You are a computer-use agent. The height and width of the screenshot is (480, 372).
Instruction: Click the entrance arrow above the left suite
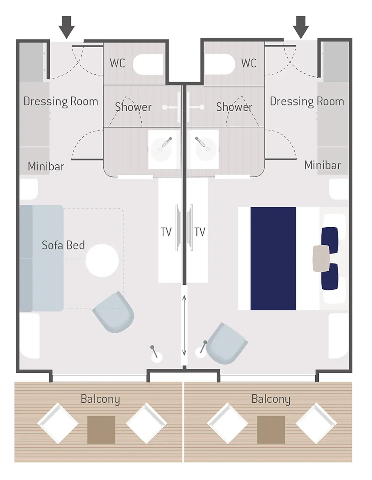66,27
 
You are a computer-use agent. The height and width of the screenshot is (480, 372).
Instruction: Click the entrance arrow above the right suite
301,27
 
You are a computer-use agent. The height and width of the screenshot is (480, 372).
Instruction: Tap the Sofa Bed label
63,245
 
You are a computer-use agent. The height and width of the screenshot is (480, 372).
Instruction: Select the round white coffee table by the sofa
102,260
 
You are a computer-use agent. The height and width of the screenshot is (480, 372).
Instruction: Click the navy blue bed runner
273,258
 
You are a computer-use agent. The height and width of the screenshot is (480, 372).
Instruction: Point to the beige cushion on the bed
321,258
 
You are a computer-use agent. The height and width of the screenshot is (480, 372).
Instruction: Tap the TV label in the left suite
166,232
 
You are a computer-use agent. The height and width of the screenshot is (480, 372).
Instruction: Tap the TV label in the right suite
200,232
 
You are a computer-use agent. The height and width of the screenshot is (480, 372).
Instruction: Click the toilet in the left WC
148,64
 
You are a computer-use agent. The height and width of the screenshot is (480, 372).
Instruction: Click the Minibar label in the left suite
46,166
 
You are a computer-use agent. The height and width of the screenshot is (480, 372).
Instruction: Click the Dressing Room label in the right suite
307,102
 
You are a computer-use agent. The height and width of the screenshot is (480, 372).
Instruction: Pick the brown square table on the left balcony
101,430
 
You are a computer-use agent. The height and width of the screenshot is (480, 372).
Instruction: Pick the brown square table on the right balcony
271,430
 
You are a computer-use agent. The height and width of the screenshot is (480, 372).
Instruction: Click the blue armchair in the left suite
114,312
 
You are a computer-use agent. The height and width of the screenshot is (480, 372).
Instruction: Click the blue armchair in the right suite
226,344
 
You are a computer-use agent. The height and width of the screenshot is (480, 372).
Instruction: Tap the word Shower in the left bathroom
133,107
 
